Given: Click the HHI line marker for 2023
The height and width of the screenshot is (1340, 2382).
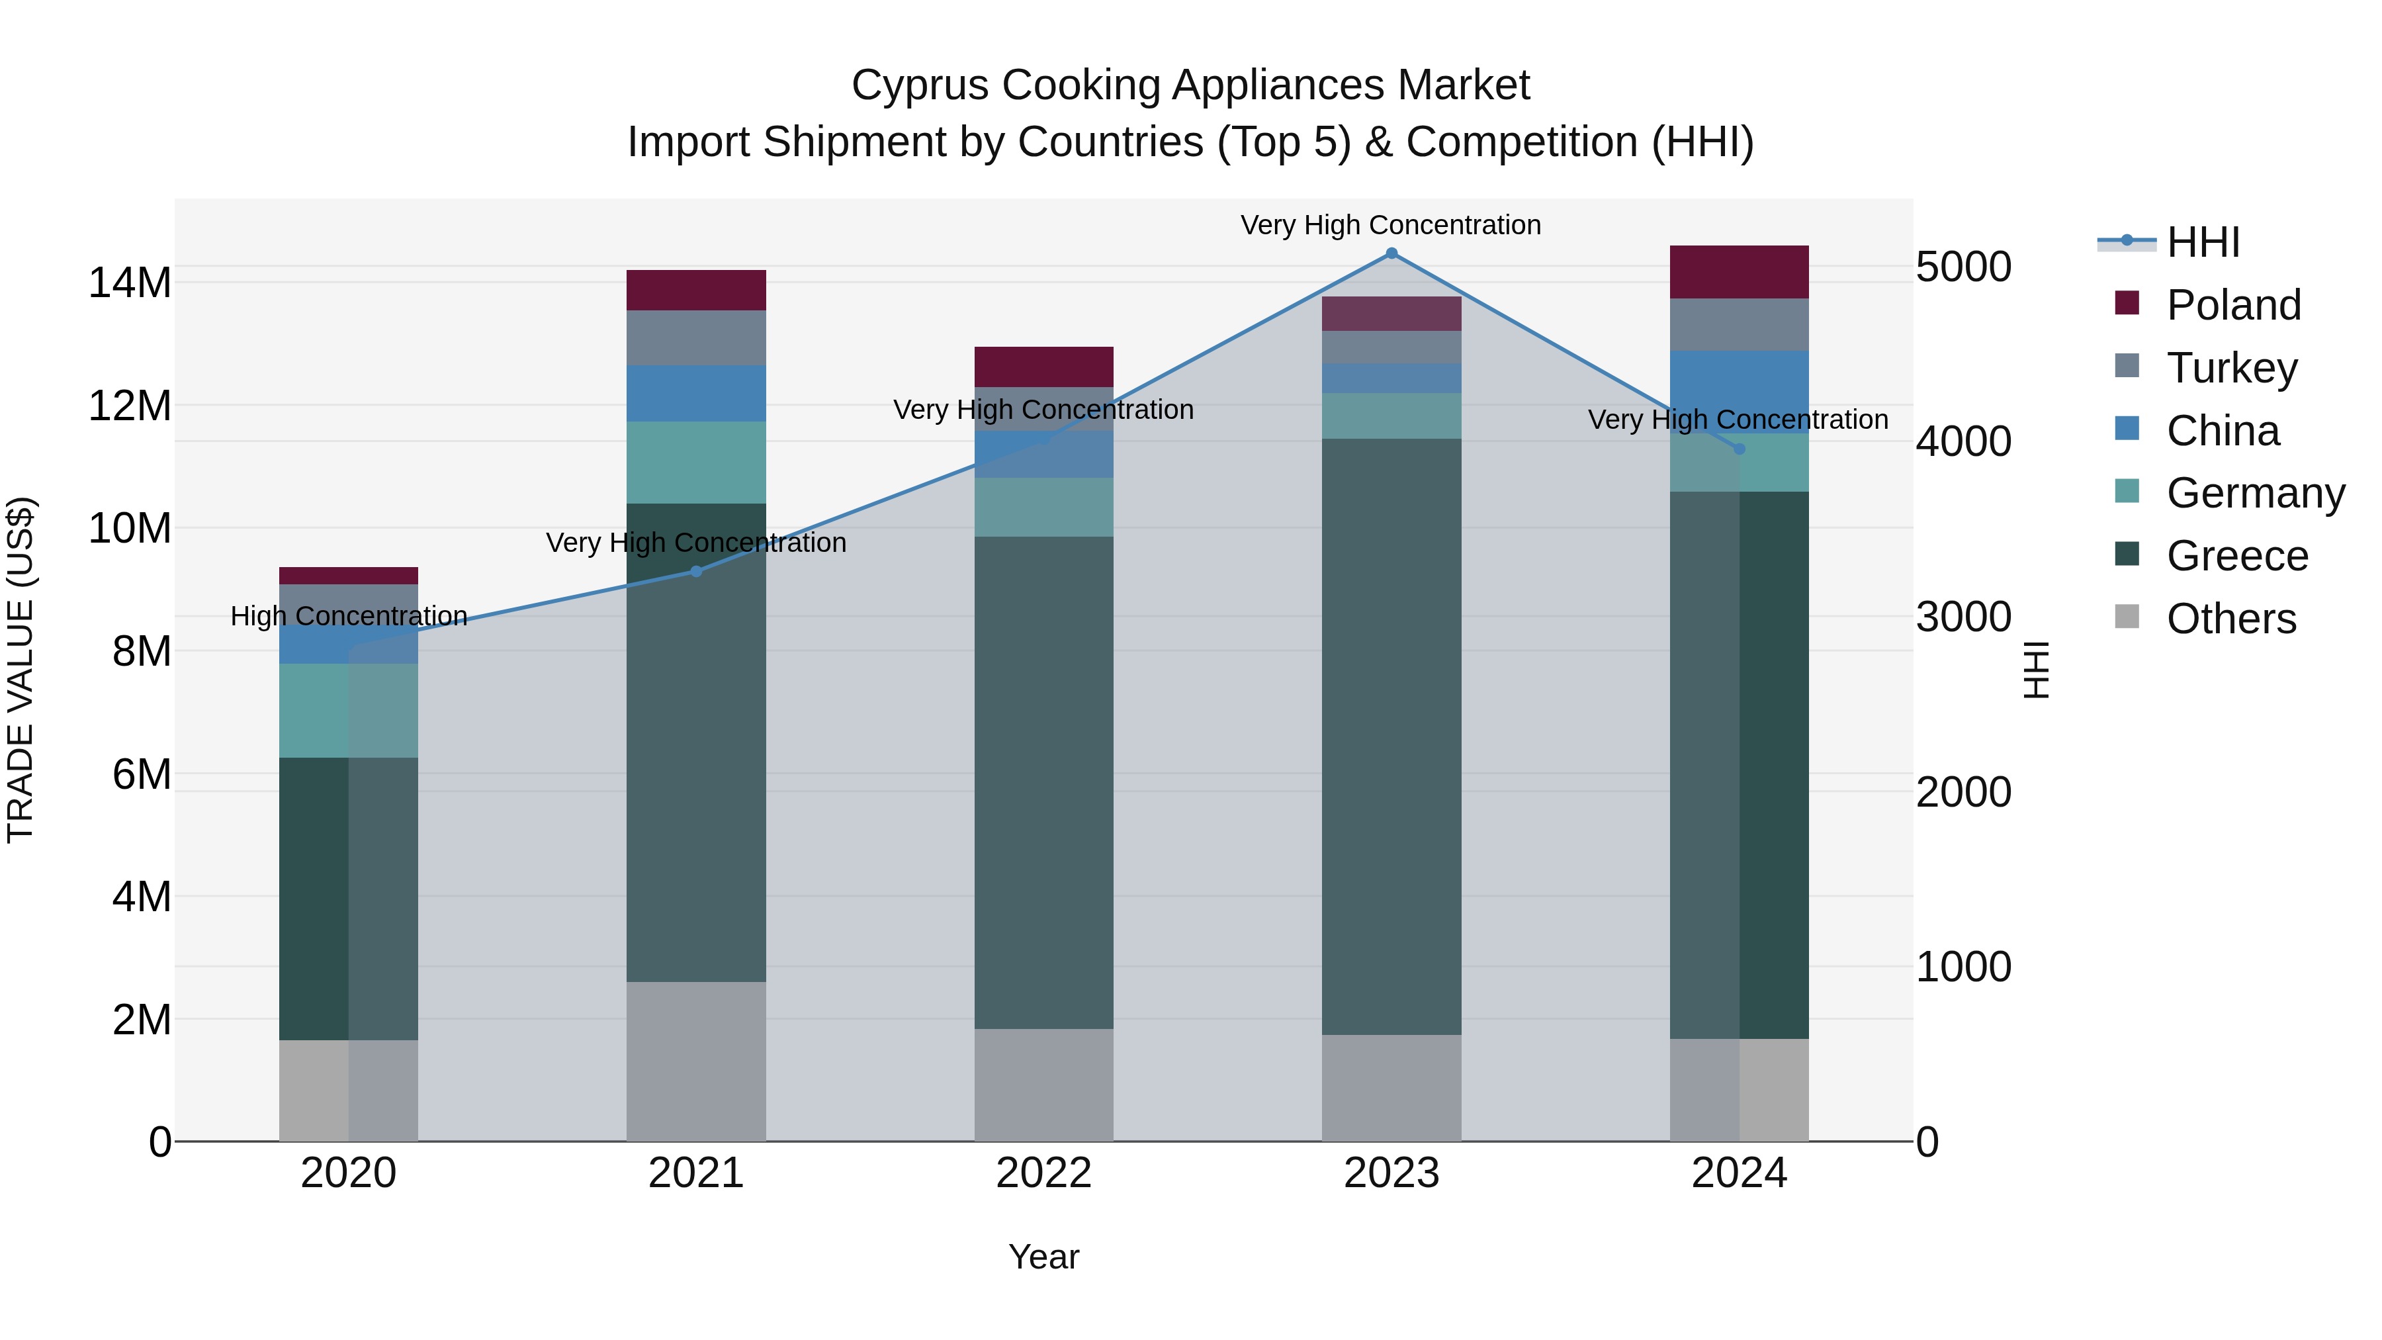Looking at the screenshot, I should [x=1391, y=253].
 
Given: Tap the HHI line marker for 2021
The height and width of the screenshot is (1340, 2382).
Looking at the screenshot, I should [x=696, y=572].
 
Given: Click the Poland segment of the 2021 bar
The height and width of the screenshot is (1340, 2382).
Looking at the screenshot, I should [x=696, y=290].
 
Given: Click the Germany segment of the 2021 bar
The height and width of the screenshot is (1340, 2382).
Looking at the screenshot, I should [x=696, y=463].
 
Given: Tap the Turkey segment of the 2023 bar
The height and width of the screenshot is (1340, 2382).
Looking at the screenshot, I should [x=1391, y=347].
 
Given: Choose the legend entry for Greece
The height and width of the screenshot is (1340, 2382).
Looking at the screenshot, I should [x=2236, y=556].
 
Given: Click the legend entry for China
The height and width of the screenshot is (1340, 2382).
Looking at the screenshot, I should [x=2222, y=431].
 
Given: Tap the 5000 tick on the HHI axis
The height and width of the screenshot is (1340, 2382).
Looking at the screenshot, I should [x=1963, y=267].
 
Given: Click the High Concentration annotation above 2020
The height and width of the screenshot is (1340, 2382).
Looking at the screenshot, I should [x=349, y=616].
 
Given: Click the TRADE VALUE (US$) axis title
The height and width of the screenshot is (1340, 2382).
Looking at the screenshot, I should [x=21, y=670].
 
